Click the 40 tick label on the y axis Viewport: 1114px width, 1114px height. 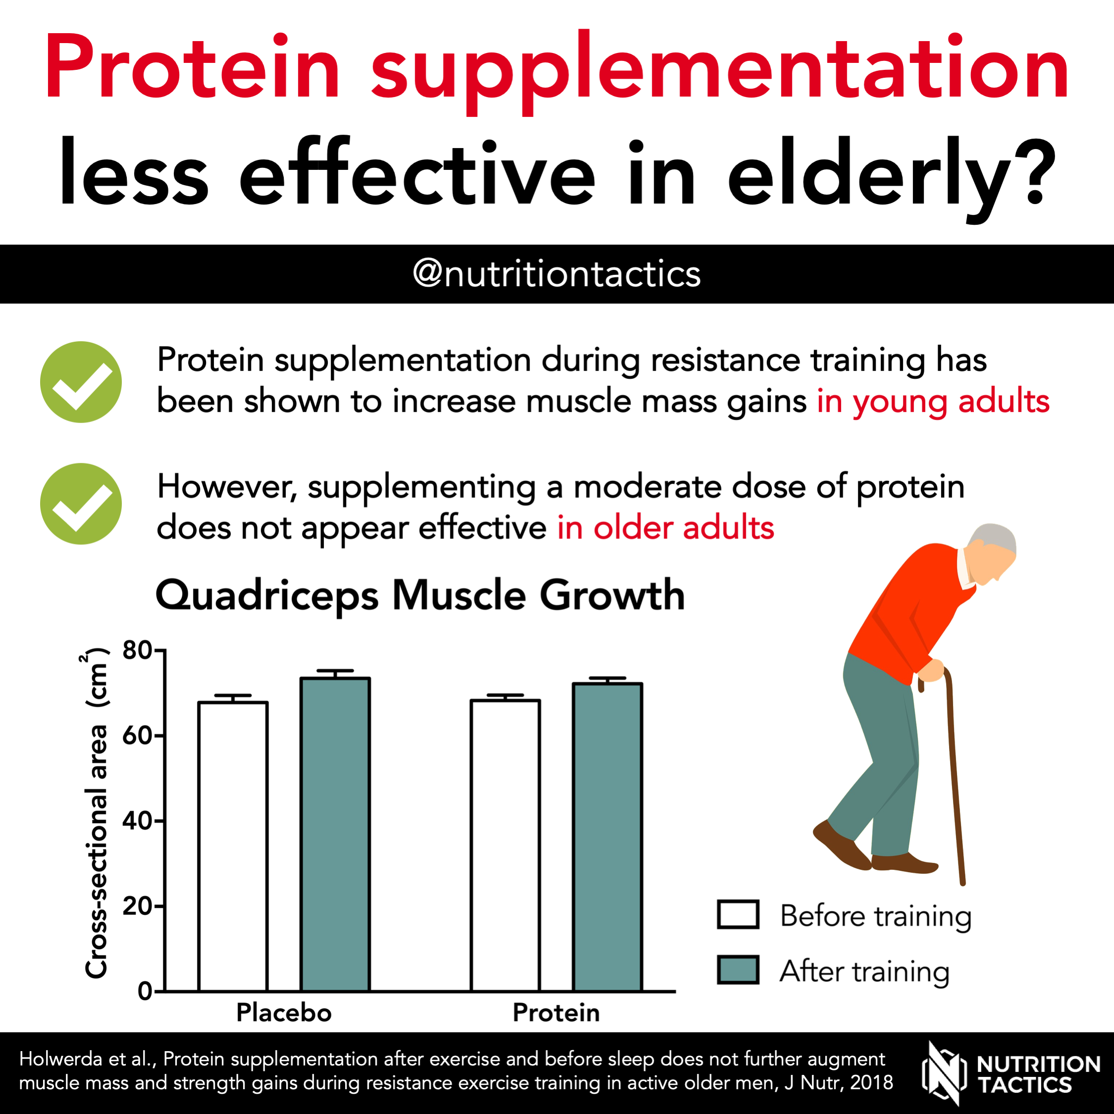pos(136,820)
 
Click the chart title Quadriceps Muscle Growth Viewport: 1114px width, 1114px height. pos(420,595)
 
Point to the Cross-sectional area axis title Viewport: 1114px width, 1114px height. pos(96,813)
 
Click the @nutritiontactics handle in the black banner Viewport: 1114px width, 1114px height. pos(557,274)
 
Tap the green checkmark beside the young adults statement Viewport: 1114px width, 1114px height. pos(81,382)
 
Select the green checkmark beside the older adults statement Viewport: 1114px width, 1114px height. pos(81,503)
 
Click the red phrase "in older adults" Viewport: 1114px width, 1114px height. pos(665,528)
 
